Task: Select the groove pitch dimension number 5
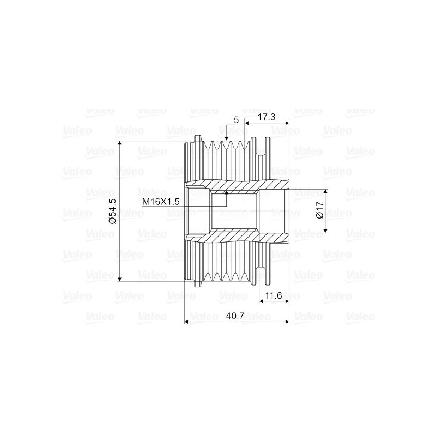tap(236, 119)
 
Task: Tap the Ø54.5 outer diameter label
tap(113, 211)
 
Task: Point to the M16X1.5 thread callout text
tap(161, 202)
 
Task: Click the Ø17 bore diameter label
tap(320, 211)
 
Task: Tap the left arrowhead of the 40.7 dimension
tap(189, 322)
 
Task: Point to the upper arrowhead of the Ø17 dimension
tap(326, 192)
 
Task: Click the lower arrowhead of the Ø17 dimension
tap(326, 230)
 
